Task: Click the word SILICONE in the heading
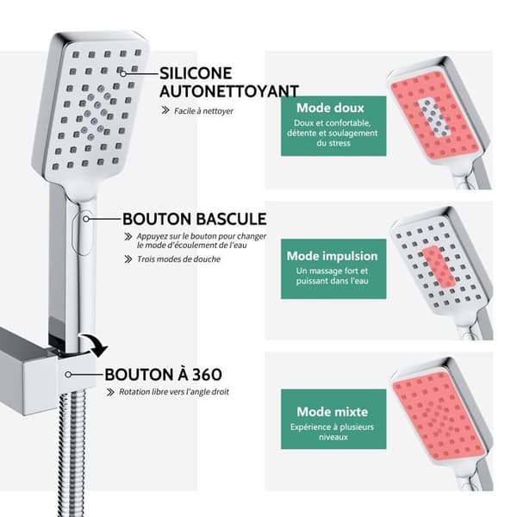coord(196,73)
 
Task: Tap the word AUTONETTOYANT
coord(229,91)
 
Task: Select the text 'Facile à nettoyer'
coord(203,111)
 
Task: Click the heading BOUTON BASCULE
coord(195,219)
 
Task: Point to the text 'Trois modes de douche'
coord(178,259)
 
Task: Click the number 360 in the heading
coord(207,375)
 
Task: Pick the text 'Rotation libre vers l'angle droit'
coord(174,392)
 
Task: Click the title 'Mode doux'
coord(330,108)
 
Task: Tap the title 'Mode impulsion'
coord(332,256)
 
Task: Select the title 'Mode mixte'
coord(332,412)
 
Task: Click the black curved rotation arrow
coord(97,344)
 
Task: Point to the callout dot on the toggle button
coord(85,219)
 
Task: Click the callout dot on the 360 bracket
coord(68,375)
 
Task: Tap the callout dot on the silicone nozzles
coord(123,74)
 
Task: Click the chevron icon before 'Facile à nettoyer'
coord(165,110)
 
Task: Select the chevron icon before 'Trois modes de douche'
coord(128,259)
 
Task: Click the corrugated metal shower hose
coord(72,452)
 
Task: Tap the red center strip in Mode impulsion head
coord(439,265)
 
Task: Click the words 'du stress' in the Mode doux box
coord(333,143)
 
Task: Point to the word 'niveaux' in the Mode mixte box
coord(333,437)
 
